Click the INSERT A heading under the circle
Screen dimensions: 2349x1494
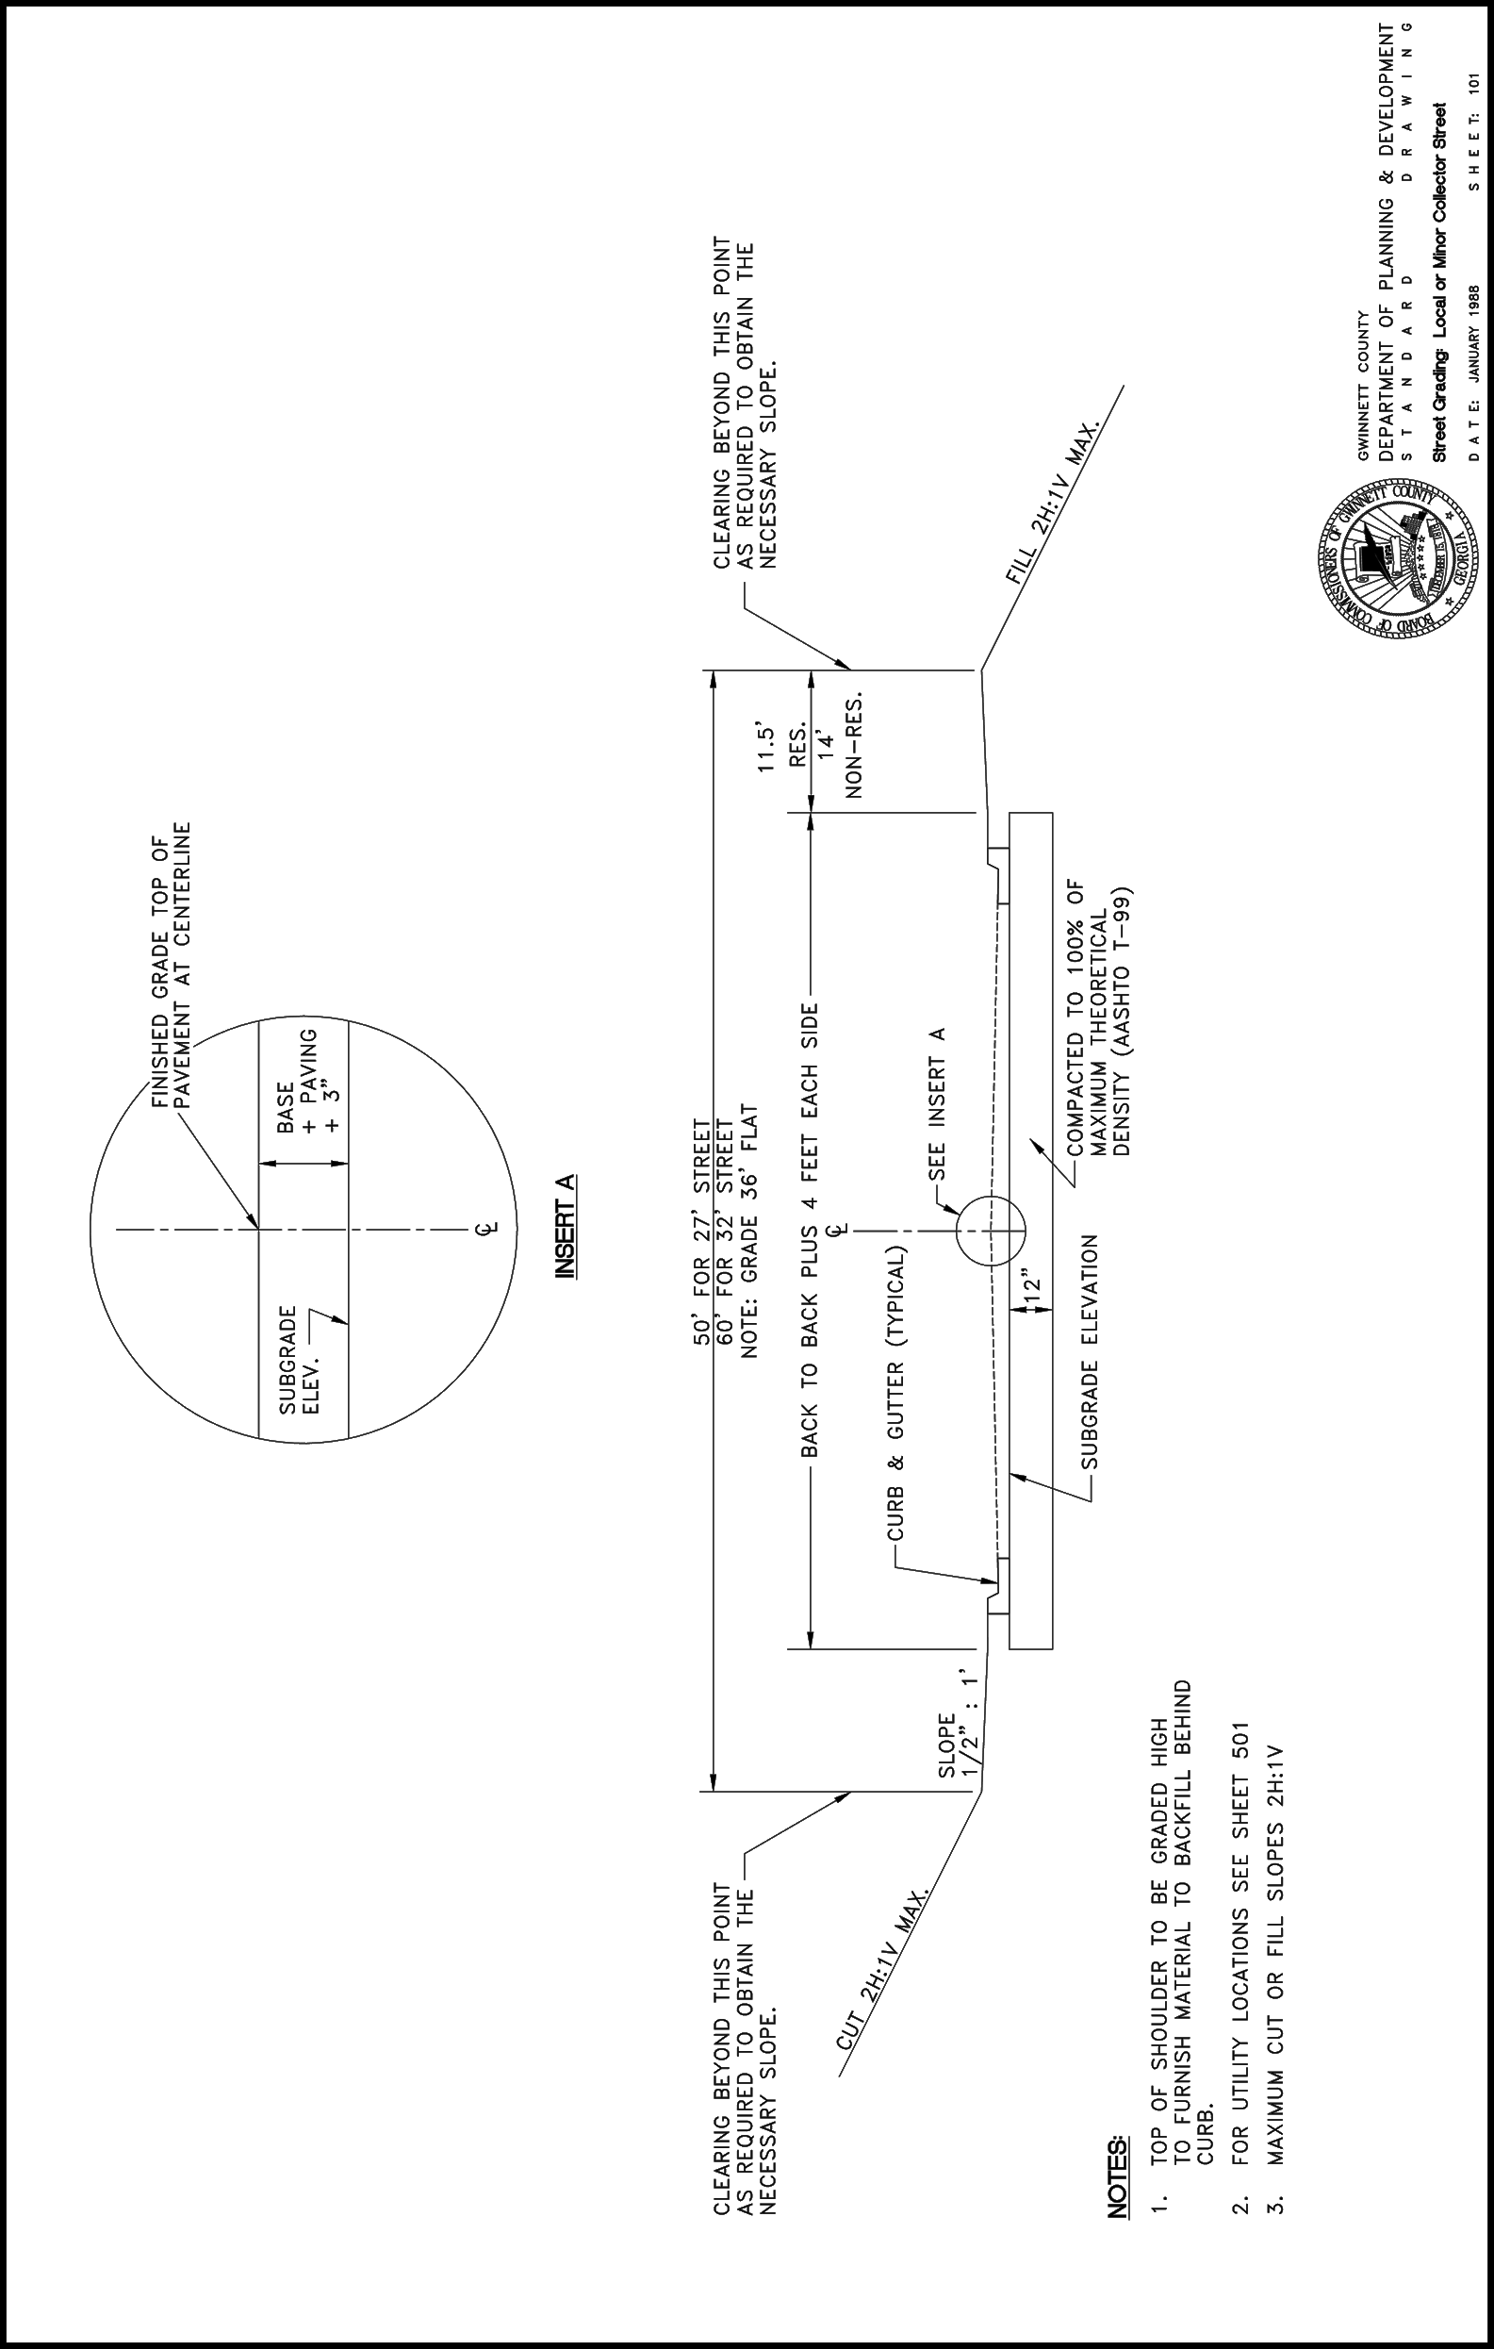pyautogui.click(x=564, y=1226)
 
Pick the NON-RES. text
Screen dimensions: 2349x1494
pyautogui.click(x=855, y=748)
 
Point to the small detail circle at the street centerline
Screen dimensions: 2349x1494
pyautogui.click(x=991, y=1229)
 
